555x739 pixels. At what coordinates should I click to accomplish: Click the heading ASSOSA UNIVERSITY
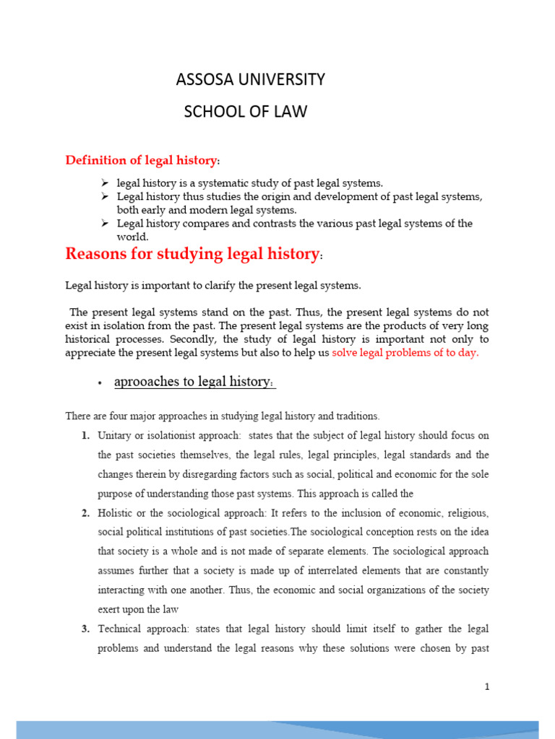coord(250,79)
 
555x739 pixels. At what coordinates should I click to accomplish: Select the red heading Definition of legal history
coord(142,159)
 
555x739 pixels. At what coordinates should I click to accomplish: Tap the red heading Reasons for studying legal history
coord(192,254)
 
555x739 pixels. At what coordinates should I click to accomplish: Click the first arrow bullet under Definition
coord(104,183)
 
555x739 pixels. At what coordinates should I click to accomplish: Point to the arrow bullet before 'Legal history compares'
coord(104,224)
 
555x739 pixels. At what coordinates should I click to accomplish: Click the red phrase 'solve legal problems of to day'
coord(405,353)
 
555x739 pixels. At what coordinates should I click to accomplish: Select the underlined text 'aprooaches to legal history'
coord(194,382)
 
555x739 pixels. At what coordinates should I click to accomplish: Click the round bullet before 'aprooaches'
coord(98,382)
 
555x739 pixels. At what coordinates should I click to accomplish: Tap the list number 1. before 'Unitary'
coord(85,436)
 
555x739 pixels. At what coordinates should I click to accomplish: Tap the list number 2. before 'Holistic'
coord(85,513)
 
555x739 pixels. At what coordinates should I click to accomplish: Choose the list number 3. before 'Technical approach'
coord(85,629)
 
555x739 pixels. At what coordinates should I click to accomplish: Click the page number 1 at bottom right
coord(487,687)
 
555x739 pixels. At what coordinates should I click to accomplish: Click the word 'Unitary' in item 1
coord(114,436)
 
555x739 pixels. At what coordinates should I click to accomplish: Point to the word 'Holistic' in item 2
coord(116,513)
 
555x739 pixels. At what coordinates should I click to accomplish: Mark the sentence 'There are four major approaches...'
coord(222,416)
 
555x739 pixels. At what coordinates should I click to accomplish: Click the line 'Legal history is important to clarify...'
coord(212,286)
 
